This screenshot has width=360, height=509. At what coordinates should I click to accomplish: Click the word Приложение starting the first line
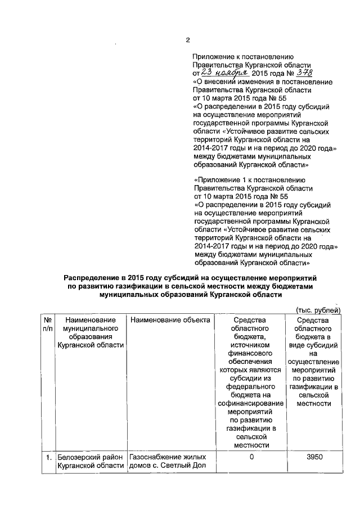[x=213, y=57]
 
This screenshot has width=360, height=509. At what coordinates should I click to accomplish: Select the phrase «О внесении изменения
[x=231, y=82]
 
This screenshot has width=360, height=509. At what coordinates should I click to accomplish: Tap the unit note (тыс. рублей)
[x=318, y=310]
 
